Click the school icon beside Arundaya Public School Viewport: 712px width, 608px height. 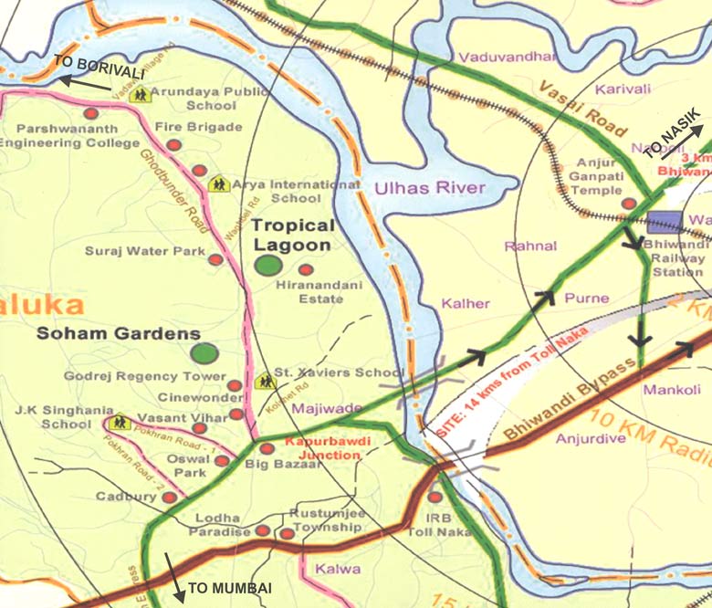(138, 93)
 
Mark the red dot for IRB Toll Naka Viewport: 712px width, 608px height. (435, 498)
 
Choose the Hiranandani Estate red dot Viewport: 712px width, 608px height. (306, 269)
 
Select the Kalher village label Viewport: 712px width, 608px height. (466, 303)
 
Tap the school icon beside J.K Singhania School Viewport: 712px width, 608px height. (119, 423)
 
